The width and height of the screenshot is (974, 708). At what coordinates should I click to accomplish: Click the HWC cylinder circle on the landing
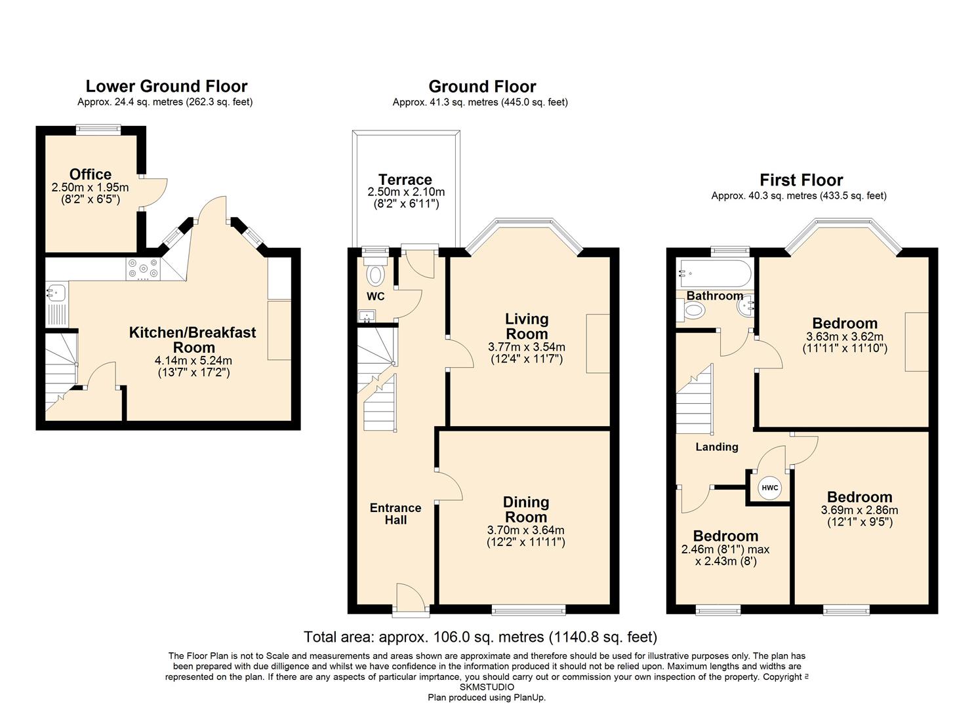tap(769, 488)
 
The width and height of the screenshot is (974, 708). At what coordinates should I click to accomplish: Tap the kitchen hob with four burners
tap(143, 269)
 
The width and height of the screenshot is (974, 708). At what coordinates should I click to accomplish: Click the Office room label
tap(91, 174)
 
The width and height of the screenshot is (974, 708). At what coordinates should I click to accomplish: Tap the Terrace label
tap(405, 180)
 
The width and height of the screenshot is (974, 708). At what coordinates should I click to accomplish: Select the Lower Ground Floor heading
tap(167, 87)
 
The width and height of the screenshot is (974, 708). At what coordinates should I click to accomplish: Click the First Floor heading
tap(801, 180)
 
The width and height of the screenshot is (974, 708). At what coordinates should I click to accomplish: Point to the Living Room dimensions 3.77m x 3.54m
tap(526, 347)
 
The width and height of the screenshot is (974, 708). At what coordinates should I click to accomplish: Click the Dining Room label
tap(526, 509)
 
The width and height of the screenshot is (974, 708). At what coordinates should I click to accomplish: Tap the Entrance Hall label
tap(396, 514)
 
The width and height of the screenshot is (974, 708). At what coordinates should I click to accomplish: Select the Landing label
tap(717, 447)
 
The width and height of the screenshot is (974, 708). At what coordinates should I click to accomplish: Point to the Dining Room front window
tap(529, 610)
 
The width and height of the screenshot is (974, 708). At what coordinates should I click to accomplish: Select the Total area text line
tap(481, 637)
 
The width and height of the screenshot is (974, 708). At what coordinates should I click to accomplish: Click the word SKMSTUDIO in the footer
tap(487, 687)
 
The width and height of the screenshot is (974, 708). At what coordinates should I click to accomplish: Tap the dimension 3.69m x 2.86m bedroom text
tap(859, 510)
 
